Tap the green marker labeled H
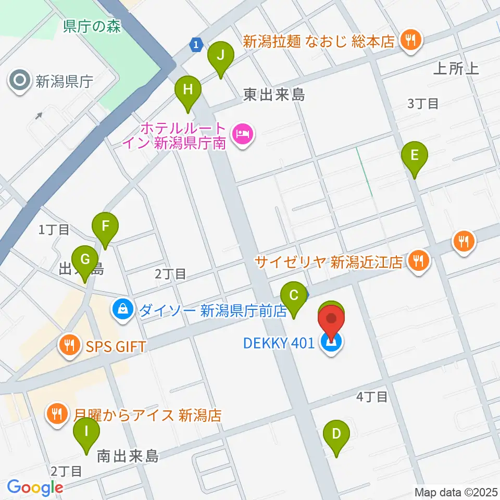[188, 90]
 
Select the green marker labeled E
[414, 155]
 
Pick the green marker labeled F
[105, 227]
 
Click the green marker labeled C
[294, 296]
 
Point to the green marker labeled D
[336, 433]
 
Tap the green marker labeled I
[86, 432]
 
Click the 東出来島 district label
[274, 94]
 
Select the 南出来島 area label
[128, 457]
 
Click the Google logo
[35, 488]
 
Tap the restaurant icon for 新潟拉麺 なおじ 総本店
[410, 41]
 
